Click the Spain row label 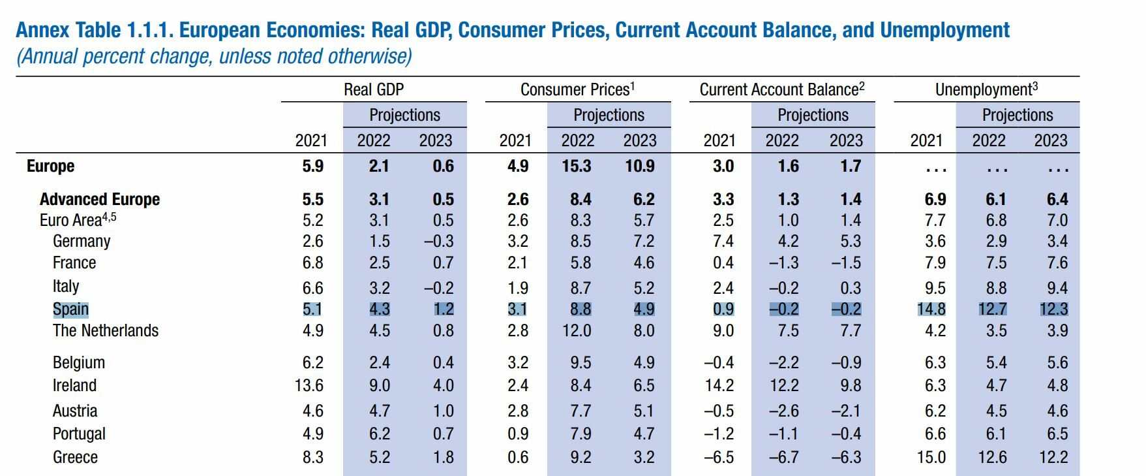[70, 309]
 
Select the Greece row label [75, 457]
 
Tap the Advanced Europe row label [99, 199]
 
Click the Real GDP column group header [374, 89]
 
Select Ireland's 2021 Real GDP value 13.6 [309, 385]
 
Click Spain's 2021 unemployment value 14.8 [931, 309]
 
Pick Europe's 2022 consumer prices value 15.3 [577, 166]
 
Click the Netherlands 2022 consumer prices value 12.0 [577, 330]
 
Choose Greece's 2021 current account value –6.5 [719, 457]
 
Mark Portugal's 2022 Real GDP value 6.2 [380, 434]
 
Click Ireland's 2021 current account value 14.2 [719, 385]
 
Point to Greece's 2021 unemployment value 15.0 [931, 457]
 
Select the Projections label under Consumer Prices [609, 115]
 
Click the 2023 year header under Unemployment [1051, 140]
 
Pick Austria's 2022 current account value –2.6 [784, 411]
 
